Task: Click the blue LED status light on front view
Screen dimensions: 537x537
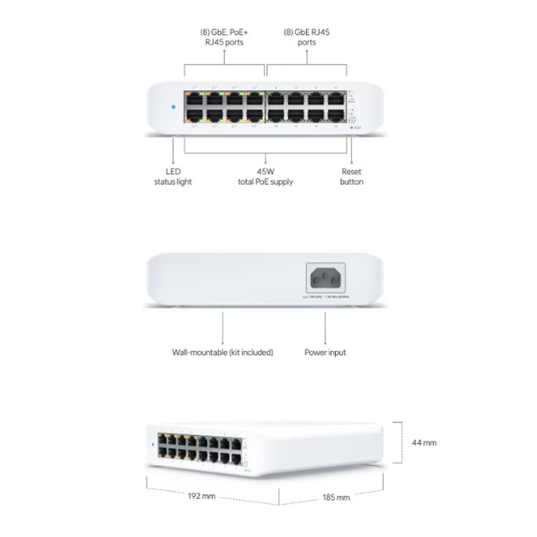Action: click(174, 107)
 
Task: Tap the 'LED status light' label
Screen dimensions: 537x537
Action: click(173, 176)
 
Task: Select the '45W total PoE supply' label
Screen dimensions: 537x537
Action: click(265, 176)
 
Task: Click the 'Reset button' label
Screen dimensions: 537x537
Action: click(351, 176)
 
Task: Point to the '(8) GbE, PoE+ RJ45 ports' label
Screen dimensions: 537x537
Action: click(224, 37)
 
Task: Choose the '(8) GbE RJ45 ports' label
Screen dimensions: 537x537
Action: click(307, 37)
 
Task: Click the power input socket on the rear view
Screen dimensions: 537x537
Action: click(325, 278)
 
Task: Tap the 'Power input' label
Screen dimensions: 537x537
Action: click(325, 352)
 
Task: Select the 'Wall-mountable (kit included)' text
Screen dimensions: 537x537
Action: click(222, 352)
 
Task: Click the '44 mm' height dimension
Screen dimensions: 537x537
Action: click(424, 443)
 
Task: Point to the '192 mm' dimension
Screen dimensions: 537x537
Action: click(202, 496)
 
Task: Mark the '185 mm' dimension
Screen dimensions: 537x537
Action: click(336, 497)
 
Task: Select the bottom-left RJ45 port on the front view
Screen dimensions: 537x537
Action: click(194, 115)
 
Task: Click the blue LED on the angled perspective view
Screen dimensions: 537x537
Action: click(153, 444)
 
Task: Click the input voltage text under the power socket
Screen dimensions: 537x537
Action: click(325, 297)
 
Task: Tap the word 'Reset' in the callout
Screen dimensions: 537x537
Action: click(351, 171)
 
